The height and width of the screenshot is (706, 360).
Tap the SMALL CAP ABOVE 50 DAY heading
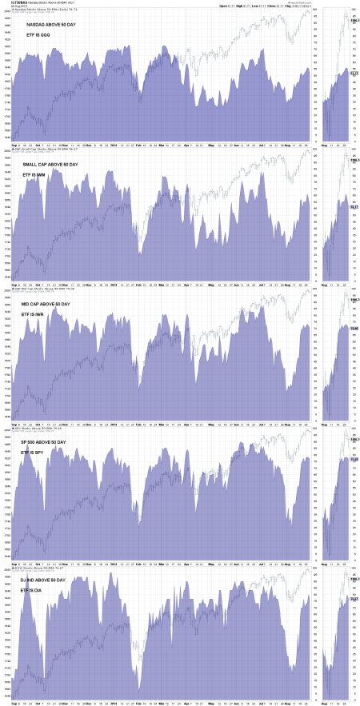57,165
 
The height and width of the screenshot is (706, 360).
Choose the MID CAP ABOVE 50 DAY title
53,305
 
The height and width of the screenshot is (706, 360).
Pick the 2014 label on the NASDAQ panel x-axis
113,145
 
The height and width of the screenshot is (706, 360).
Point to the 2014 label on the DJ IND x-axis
113,702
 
